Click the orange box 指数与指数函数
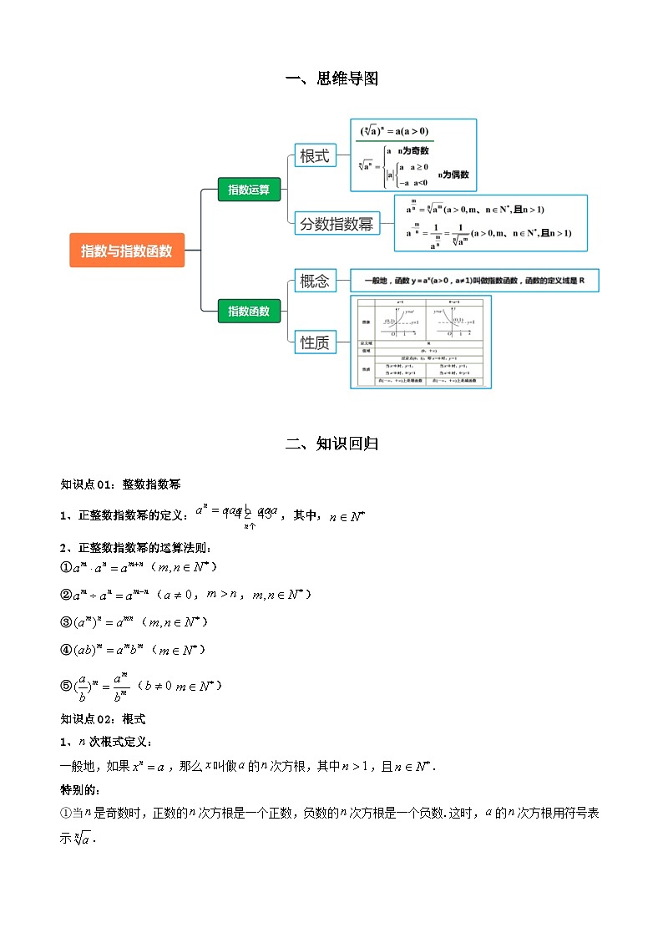coord(127,250)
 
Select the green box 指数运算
coord(249,190)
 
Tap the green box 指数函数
coord(249,311)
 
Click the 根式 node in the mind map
coord(315,155)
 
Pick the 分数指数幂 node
coord(337,223)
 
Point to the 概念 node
coord(315,281)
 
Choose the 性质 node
coord(315,342)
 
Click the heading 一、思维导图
coord(331,79)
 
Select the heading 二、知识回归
coord(331,444)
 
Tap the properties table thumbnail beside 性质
coord(420,342)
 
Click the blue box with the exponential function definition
coord(473,281)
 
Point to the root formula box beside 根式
coord(412,155)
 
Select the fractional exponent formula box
coord(490,223)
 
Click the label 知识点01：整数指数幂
coord(121,484)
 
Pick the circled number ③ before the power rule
coord(67,622)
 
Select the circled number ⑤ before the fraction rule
coord(67,686)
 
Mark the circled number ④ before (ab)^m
coord(67,650)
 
